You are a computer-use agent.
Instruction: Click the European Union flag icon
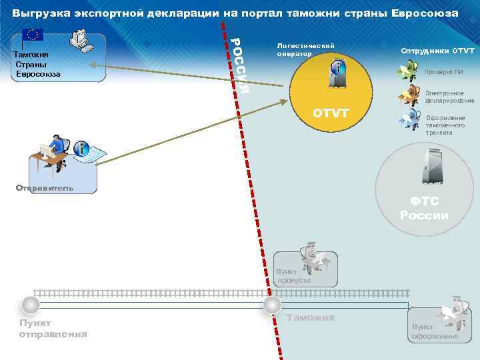point(32,35)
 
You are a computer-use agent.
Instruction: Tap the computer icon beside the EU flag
point(81,41)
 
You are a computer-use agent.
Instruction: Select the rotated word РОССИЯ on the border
point(240,64)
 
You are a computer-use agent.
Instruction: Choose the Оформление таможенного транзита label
point(446,125)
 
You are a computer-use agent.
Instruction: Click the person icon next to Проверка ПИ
point(407,70)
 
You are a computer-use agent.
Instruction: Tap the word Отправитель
point(45,188)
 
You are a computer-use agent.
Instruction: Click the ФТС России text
point(424,208)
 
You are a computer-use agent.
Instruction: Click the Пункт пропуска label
point(292,276)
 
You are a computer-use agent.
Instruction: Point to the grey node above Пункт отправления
point(29,305)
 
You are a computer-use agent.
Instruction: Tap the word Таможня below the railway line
point(309,318)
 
